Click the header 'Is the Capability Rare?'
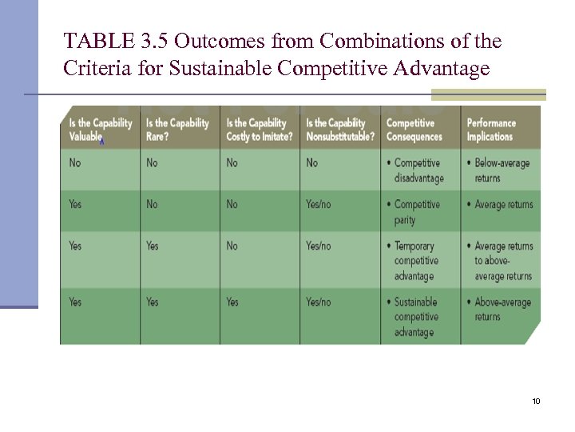tap(177, 130)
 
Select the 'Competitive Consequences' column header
tap(416, 130)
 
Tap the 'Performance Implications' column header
tap(496, 130)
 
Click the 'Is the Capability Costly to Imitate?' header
tap(259, 130)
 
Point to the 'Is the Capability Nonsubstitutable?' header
tap(339, 130)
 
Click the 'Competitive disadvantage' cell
tap(418, 170)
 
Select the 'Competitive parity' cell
tap(417, 212)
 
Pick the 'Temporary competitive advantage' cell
tap(416, 261)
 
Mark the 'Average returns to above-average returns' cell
tap(502, 261)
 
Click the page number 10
tap(536, 401)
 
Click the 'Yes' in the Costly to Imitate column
tap(232, 302)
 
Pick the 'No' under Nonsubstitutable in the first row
tap(311, 163)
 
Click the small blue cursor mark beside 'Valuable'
tap(101, 140)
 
